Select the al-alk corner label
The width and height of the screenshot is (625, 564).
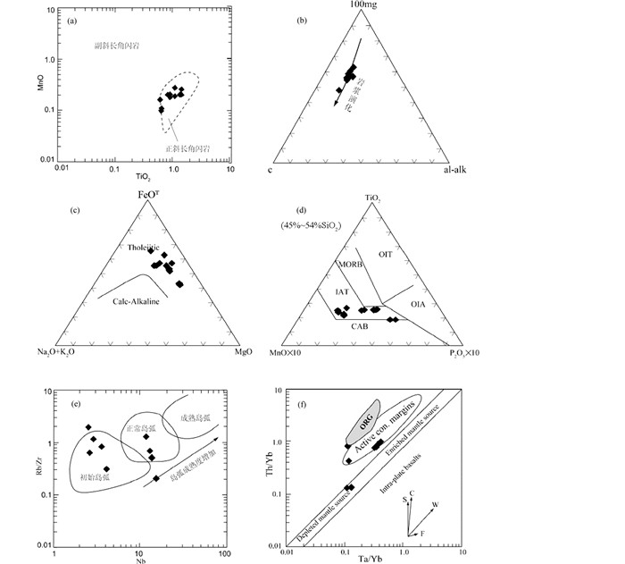click(x=455, y=170)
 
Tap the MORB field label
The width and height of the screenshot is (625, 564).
click(x=348, y=264)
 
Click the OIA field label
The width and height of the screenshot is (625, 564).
click(x=418, y=305)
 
